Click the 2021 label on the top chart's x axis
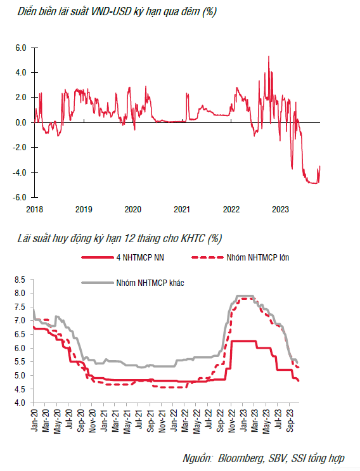point(182,209)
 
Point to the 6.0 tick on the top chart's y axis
point(21,48)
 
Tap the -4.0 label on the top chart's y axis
point(19,172)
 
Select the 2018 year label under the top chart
point(34,209)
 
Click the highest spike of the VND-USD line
point(269,56)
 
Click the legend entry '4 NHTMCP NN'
point(140,257)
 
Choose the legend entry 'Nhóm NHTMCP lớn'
point(258,257)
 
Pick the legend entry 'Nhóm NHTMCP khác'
point(150,283)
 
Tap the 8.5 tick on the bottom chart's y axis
point(20,280)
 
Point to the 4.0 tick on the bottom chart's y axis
point(20,403)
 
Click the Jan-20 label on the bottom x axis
point(34,420)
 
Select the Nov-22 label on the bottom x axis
point(231,420)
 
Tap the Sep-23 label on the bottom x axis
point(290,420)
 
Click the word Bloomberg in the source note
point(241,458)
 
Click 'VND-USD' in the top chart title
point(111,11)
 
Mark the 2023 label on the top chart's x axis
point(280,209)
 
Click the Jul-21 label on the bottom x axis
point(139,420)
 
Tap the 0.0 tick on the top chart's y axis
point(21,122)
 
